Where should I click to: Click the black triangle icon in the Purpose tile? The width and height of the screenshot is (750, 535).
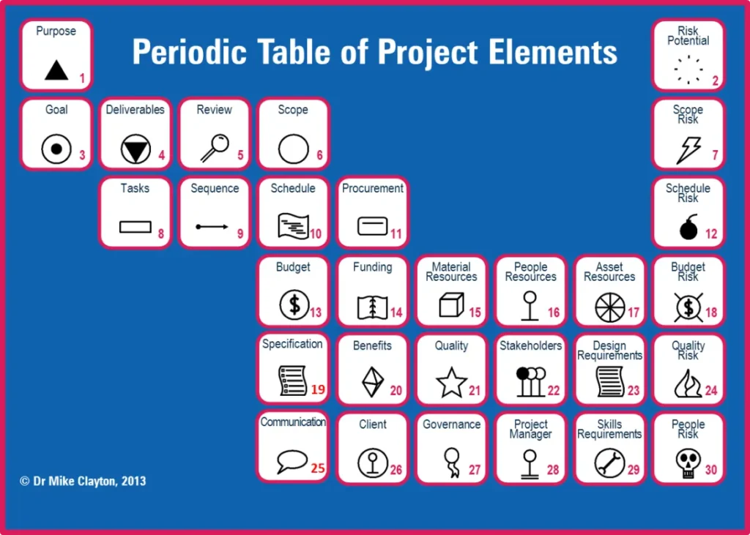point(56,70)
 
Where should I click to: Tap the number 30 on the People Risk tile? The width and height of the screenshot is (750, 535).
point(710,470)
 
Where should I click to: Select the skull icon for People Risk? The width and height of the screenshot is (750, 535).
point(687,463)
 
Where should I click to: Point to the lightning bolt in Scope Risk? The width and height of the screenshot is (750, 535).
point(688,150)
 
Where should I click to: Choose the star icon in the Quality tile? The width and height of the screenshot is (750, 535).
point(451,383)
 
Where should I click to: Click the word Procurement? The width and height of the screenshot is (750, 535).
point(373,188)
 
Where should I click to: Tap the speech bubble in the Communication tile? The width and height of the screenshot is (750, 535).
point(292,461)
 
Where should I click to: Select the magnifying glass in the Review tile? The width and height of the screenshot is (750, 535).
point(215,149)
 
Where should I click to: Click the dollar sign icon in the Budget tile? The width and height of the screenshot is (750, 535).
point(294,304)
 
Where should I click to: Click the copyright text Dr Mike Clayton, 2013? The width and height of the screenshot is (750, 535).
point(83,481)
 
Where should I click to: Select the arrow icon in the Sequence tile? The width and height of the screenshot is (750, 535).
point(213,228)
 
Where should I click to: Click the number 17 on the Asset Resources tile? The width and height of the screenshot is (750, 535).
point(633,313)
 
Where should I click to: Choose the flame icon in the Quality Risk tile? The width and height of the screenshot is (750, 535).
point(688,383)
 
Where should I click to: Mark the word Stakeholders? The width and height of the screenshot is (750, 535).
point(531,345)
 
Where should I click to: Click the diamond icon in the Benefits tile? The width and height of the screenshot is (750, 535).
point(373,382)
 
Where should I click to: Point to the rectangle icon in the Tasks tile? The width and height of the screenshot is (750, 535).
point(135,227)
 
